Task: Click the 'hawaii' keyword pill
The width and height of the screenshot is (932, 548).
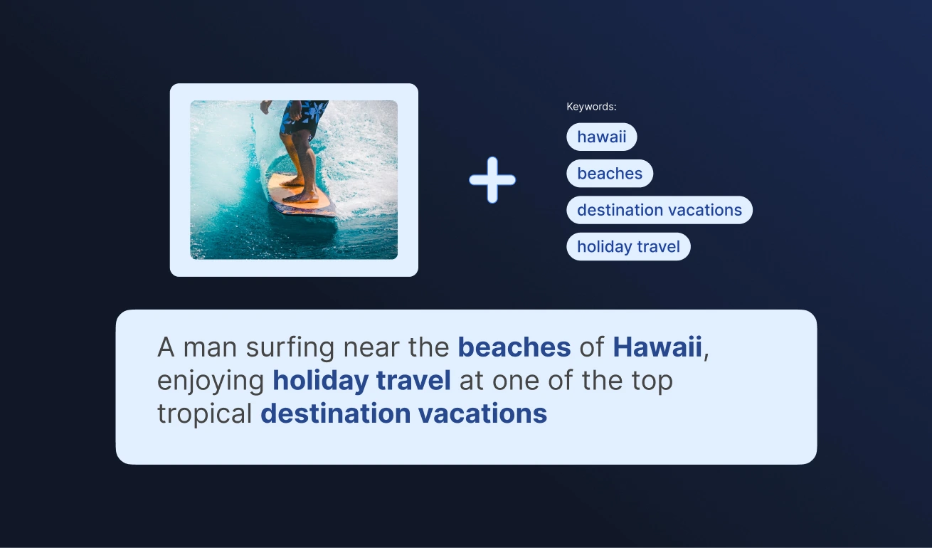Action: (601, 137)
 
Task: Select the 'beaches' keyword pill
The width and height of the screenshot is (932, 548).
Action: (610, 173)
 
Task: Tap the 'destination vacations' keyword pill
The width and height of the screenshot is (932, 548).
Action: (659, 210)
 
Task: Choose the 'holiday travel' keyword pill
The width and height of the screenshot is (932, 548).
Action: (628, 246)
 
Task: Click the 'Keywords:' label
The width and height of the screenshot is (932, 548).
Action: (591, 107)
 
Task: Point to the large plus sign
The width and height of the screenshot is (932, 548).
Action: (492, 180)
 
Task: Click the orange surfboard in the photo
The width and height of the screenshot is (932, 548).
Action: (302, 196)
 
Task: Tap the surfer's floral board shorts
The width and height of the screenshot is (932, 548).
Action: (303, 117)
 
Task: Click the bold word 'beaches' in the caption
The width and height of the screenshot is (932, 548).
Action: (514, 347)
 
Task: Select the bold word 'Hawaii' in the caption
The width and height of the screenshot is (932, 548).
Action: (657, 347)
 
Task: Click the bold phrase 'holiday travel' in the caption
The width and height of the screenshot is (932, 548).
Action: (361, 380)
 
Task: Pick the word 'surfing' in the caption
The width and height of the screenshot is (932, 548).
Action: (290, 347)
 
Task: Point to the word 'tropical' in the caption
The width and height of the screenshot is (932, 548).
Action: (205, 413)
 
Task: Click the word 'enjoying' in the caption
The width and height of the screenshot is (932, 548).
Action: (211, 381)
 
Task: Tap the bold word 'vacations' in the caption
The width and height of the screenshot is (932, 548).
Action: (482, 413)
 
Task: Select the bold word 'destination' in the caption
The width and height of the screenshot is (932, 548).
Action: (335, 413)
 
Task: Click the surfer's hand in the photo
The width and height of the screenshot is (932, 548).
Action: (265, 107)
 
